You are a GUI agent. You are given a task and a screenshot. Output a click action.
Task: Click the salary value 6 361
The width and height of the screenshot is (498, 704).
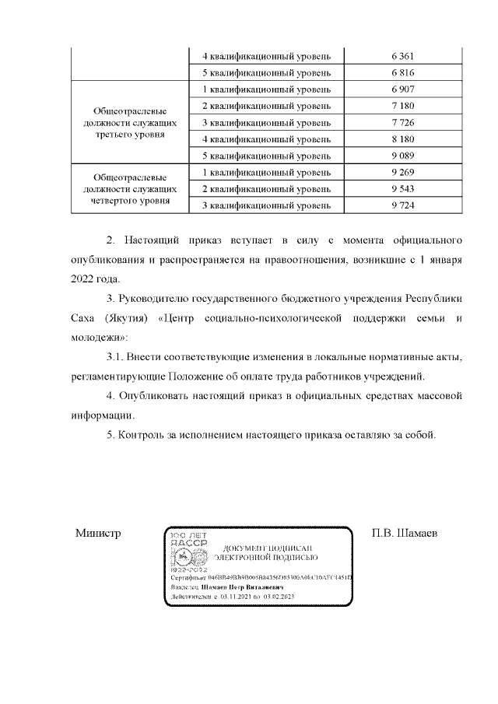tap(402, 56)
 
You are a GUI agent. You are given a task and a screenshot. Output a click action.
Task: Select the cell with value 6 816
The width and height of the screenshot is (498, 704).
tap(402, 73)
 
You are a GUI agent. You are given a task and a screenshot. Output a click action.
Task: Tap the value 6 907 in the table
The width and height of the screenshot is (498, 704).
tap(402, 89)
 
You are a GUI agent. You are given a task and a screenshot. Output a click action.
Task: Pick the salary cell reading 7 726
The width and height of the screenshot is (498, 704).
tap(402, 123)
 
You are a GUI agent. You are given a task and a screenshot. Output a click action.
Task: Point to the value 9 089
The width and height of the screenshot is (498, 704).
tap(402, 156)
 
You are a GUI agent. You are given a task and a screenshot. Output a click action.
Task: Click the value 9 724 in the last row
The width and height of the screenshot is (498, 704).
tap(402, 205)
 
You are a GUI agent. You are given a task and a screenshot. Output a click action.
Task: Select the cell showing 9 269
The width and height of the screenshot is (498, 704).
tap(402, 172)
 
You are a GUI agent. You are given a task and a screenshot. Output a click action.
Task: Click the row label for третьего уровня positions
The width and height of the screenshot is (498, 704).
tap(127, 123)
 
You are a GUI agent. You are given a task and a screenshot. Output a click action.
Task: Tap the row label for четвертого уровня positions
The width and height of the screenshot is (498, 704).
tap(127, 189)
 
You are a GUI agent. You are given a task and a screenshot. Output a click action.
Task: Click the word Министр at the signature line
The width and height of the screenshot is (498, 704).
tap(99, 534)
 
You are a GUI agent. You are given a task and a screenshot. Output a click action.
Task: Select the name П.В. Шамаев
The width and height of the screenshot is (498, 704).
tap(405, 534)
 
